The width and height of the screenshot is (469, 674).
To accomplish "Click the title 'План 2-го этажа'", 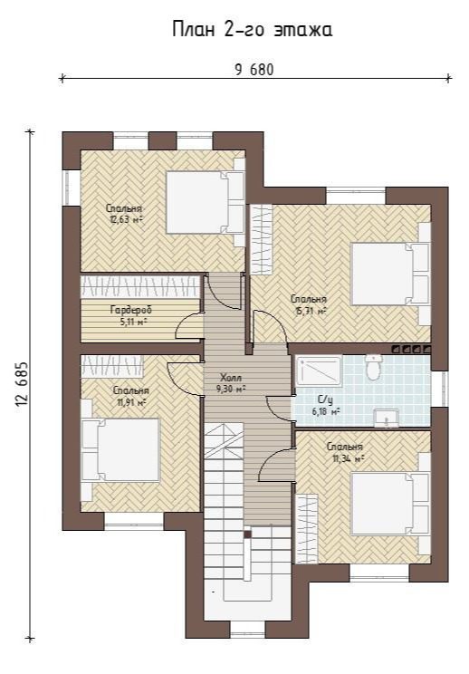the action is (252, 30).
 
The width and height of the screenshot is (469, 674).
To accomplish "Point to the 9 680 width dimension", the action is (254, 69).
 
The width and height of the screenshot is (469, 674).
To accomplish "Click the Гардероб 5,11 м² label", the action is (131, 315).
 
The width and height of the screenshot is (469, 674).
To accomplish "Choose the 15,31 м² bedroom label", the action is (309, 304).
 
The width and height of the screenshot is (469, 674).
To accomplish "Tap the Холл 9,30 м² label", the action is (231, 383).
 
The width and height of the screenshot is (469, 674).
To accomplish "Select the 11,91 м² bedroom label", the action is (131, 396).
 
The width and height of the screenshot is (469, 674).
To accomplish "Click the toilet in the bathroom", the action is (373, 368).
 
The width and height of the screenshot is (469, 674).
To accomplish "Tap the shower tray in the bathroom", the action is (319, 371).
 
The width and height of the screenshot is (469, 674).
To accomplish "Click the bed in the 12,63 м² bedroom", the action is (205, 202).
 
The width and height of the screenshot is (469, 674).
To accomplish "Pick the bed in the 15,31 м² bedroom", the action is (390, 274).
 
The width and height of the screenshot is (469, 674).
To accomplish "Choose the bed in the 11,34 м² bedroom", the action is (390, 504).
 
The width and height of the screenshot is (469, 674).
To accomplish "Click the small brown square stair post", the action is (247, 534).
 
